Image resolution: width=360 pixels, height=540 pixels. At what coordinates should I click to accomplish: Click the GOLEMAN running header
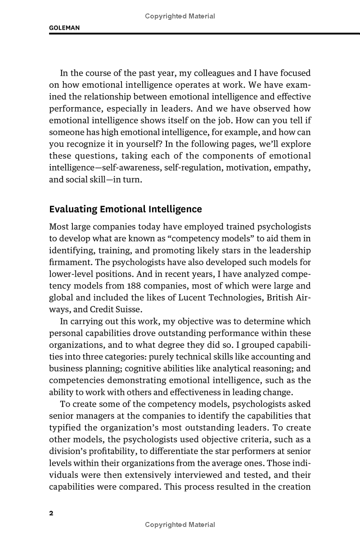pos(64,28)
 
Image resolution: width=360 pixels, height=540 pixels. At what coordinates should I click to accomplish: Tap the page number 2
pos(51,513)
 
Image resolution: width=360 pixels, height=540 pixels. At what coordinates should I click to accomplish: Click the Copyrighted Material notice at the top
pos(180,16)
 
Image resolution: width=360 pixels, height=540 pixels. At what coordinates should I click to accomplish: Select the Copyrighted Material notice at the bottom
pos(180,525)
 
